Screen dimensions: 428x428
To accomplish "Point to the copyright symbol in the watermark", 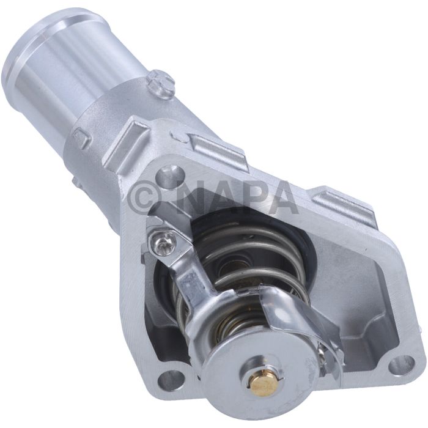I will tap(146, 197).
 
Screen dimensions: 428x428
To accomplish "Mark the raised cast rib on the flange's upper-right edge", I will tap(345, 205).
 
